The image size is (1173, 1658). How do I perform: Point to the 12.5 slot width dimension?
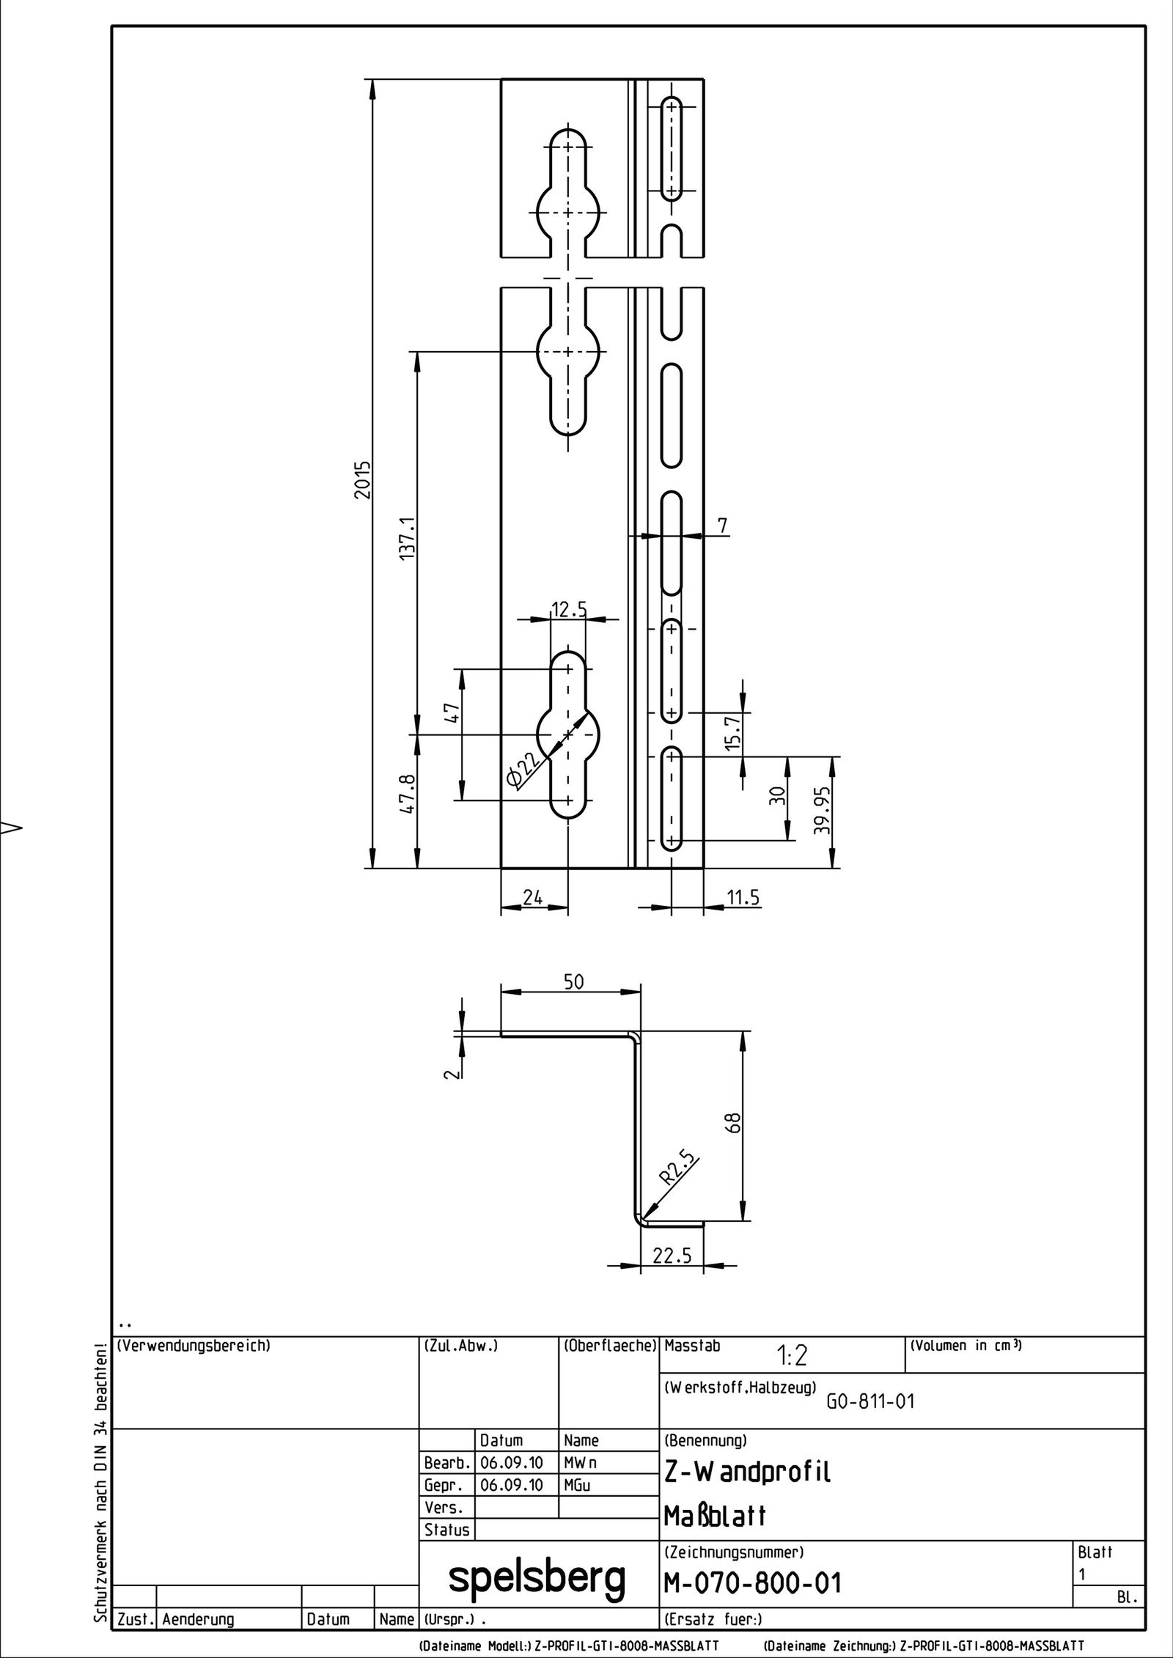coord(569,609)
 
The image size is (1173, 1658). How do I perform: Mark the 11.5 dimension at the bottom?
coord(742,897)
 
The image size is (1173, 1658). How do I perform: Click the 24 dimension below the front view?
coord(533,897)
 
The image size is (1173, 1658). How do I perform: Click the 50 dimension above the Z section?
coord(574,982)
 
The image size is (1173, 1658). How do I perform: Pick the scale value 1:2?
coord(792,1357)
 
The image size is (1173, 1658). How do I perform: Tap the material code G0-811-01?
coord(871,1401)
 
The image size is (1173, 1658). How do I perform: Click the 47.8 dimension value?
coord(408,793)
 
